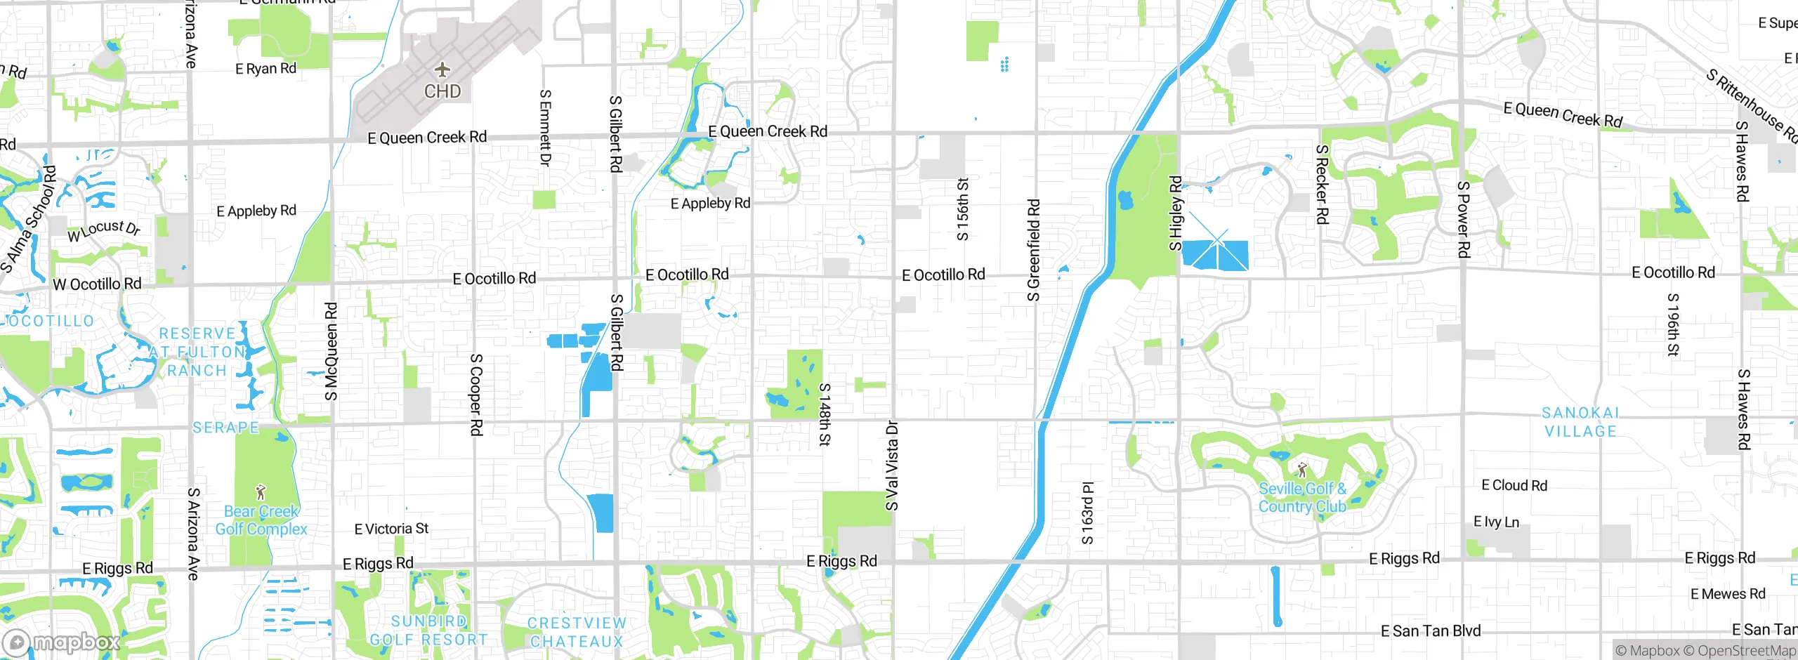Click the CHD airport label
[x=442, y=91]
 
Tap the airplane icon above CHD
[x=442, y=70]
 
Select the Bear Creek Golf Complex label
[x=261, y=520]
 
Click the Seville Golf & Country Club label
[x=1302, y=497]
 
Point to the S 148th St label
[x=825, y=414]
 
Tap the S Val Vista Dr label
[x=891, y=465]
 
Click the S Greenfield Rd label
[x=1033, y=250]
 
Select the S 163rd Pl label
[x=1087, y=513]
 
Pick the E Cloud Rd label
[x=1514, y=485]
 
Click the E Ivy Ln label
[x=1496, y=522]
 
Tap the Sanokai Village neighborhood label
[x=1580, y=422]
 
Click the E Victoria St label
[x=391, y=529]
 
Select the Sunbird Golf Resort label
[x=428, y=631]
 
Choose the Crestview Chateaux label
[x=577, y=632]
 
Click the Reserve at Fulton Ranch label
[x=197, y=352]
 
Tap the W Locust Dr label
[x=104, y=230]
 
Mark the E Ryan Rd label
[x=265, y=69]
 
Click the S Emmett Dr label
[x=545, y=127]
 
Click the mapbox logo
[x=62, y=642]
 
